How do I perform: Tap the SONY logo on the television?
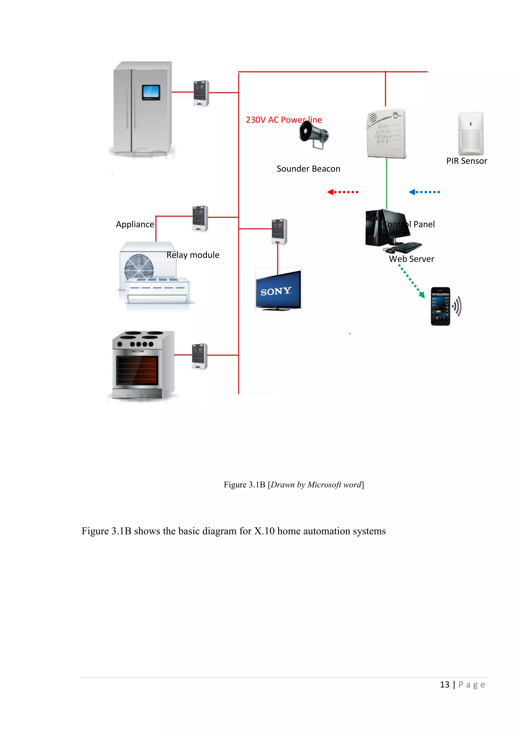(x=276, y=291)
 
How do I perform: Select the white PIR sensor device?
(x=471, y=133)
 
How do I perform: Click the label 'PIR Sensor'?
(x=466, y=161)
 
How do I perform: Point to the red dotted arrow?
(x=343, y=192)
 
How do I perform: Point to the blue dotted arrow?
(x=424, y=192)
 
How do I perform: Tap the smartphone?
(x=440, y=306)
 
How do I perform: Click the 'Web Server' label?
(x=411, y=259)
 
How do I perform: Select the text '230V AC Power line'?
(x=284, y=120)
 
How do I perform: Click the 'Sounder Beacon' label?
(x=308, y=169)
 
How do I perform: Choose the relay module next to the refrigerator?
(x=201, y=93)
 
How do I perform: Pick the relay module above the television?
(x=279, y=231)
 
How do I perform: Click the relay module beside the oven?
(x=199, y=356)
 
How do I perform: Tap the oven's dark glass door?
(x=137, y=370)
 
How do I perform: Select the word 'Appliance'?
(x=135, y=225)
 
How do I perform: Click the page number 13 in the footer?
(x=444, y=684)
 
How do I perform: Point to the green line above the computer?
(x=386, y=184)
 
